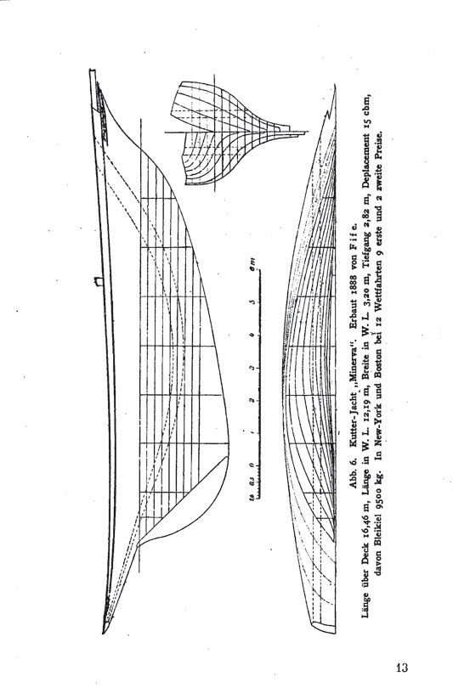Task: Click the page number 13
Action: coord(401,668)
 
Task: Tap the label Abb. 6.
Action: coord(351,471)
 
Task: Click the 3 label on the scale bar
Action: coord(252,367)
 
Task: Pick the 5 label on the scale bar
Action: coord(252,302)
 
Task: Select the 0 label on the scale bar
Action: coord(252,465)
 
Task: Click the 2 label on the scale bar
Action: coord(252,400)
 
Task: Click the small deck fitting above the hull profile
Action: coord(98,281)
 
